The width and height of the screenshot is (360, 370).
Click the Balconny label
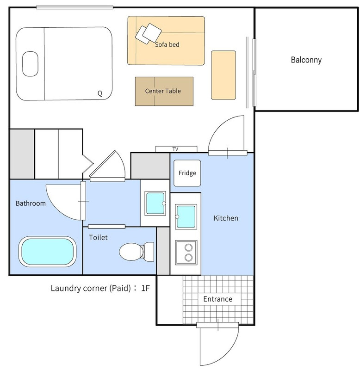coord(306,60)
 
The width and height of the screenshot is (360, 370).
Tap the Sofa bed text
coord(167,44)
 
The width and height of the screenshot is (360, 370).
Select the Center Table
coord(164,91)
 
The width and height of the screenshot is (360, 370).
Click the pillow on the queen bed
coord(30,64)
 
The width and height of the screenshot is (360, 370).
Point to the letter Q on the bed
coord(100,93)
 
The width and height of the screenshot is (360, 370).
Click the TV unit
coord(176,149)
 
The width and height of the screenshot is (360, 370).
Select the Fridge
coord(187,173)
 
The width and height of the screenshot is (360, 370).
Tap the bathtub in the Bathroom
coord(48,252)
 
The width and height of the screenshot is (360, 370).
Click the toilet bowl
coord(137,252)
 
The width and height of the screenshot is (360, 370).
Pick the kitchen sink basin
coord(186,216)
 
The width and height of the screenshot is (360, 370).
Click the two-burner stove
coord(186,252)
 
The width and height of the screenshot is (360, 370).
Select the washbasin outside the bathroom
coord(155,203)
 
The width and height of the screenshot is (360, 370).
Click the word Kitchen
coord(226,218)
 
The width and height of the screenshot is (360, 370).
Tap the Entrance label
coord(217,299)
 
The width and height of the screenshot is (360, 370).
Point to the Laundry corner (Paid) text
coord(91,288)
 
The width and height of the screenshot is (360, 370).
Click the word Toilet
coord(98,237)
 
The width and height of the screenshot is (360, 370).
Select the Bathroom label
coord(31,203)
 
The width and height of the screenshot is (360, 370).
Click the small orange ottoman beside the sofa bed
coord(223,75)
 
